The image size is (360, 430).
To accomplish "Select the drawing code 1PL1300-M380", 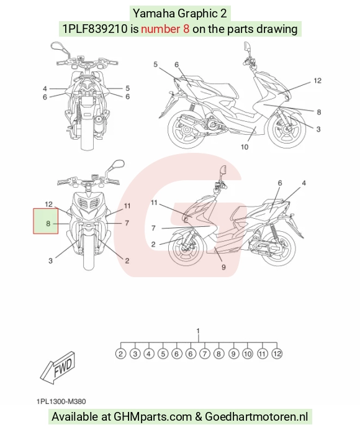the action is [x=61, y=401].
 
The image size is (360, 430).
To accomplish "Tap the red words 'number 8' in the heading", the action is [x=165, y=29].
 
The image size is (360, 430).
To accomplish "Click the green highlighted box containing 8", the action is [x=46, y=221].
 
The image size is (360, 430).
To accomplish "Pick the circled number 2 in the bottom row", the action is [x=120, y=354].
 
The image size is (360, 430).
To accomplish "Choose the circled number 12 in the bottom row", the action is [x=277, y=354].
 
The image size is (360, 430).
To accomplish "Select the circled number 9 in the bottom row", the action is [x=233, y=354].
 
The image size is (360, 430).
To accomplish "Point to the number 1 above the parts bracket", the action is [x=199, y=331].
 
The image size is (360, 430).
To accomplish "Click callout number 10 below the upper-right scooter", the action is [x=245, y=147].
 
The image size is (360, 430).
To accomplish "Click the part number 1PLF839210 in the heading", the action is [x=95, y=29].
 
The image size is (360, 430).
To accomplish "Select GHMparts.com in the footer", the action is [x=153, y=416].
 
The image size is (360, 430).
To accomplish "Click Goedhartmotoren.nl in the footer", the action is [x=256, y=416].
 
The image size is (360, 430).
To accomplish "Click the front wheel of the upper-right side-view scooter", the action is [x=287, y=129].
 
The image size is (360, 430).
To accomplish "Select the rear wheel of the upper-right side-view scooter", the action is [x=187, y=129].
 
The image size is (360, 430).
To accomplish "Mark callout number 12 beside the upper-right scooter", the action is [x=317, y=81].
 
